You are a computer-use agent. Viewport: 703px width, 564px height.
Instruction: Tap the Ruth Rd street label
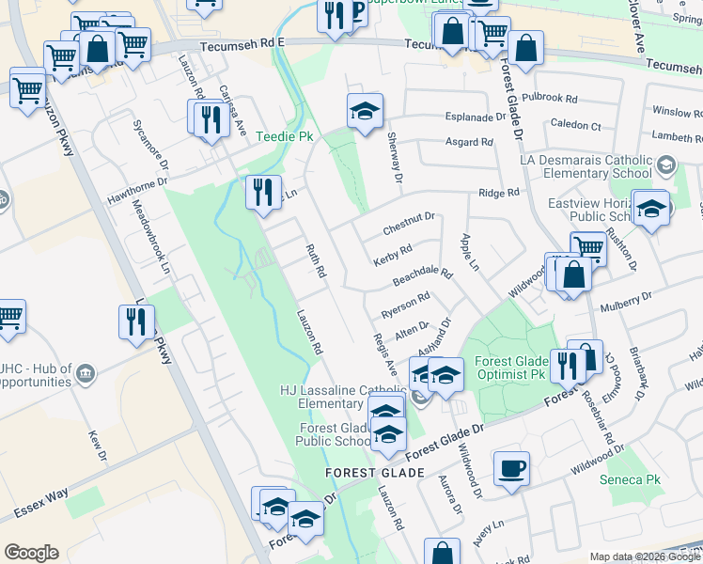tap(315, 260)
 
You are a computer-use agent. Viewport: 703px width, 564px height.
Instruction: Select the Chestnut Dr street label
tap(409, 224)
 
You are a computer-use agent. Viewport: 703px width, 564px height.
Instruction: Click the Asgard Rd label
tap(474, 143)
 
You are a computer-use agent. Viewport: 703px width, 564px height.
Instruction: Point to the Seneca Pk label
tap(631, 479)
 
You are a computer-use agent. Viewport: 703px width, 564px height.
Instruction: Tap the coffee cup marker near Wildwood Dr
tap(511, 468)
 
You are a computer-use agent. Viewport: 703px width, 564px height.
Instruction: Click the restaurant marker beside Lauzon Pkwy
tap(137, 321)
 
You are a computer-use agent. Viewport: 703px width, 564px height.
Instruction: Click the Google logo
tap(31, 552)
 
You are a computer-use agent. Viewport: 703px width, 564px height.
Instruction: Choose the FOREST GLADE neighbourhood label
tap(364, 472)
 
